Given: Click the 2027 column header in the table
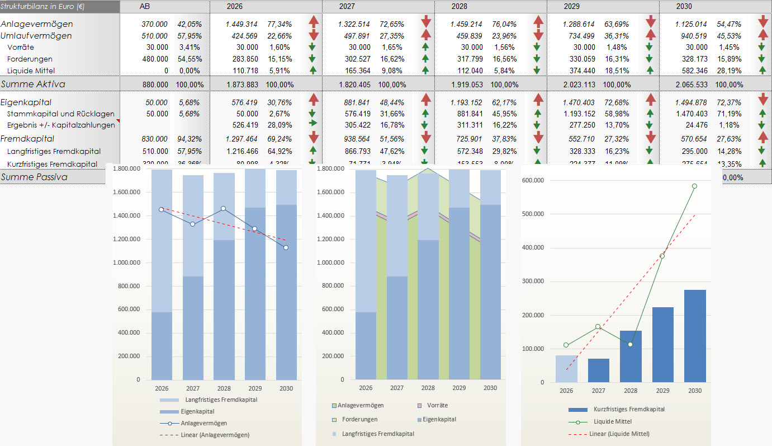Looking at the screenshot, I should coord(347,6).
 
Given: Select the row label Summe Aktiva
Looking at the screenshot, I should coord(33,84).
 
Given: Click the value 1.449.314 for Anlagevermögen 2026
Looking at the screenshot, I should coord(241,24).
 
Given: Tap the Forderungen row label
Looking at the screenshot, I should coord(30,59).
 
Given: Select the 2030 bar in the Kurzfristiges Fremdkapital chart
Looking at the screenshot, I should coord(695,336).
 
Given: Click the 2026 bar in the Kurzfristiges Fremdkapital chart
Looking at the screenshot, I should coord(566,369).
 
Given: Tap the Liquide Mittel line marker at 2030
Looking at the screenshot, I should coord(695,186).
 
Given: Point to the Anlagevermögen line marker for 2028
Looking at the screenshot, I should coord(223,208).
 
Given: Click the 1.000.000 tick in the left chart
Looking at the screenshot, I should coord(129,262).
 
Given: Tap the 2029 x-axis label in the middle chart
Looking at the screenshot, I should coord(459,388).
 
